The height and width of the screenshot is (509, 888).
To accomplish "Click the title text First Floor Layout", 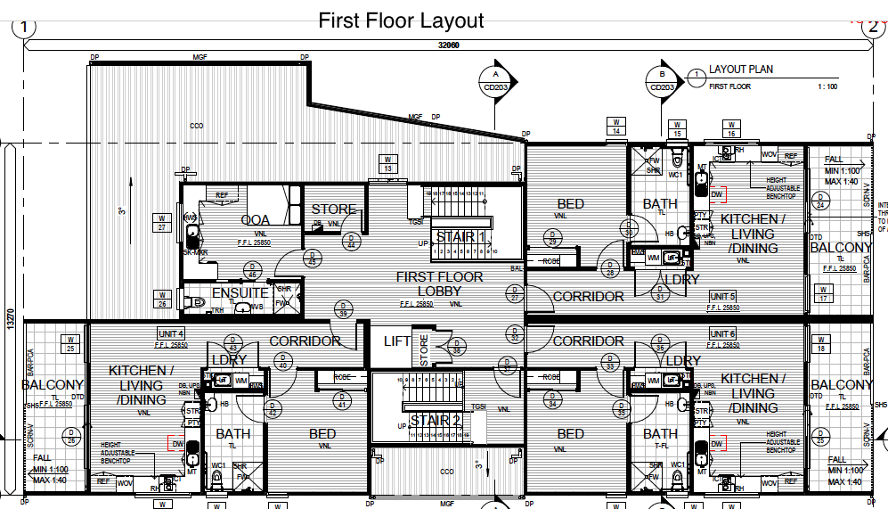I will click(x=401, y=21).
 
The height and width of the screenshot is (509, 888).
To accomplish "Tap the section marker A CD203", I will click(x=496, y=81).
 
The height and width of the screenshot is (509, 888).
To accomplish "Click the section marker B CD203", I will click(x=663, y=81).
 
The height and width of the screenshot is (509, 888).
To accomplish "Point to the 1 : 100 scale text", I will click(x=826, y=87).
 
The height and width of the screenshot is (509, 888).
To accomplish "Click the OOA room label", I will click(x=255, y=220).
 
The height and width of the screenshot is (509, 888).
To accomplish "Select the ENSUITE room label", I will click(x=240, y=292).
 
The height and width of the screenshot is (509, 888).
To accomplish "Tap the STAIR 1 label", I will click(x=460, y=237).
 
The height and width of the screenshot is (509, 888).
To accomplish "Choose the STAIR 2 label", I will click(x=435, y=420).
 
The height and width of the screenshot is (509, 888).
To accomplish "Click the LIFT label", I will click(x=396, y=341).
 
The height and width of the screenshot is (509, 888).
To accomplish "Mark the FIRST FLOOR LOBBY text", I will click(x=439, y=284).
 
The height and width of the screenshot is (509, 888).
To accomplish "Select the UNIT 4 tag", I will click(x=169, y=333).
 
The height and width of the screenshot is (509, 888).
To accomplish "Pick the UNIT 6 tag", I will click(x=722, y=333).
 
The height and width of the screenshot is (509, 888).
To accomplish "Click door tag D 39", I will click(x=343, y=309).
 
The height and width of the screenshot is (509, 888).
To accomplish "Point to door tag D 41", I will click(x=341, y=402).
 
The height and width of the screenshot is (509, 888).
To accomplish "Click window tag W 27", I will click(x=161, y=222).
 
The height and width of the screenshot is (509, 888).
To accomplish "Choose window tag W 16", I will click(x=731, y=129).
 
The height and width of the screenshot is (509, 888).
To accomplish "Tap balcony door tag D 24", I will click(x=819, y=202).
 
